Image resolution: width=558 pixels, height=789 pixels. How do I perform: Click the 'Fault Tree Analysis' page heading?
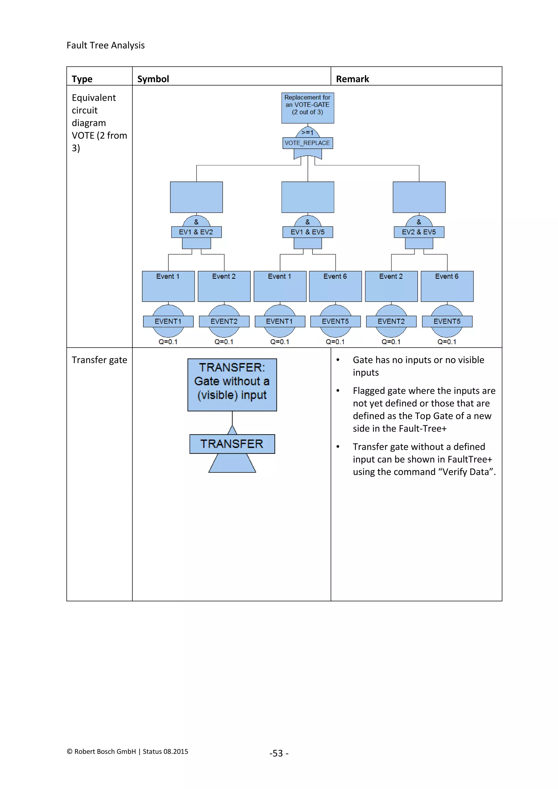105,45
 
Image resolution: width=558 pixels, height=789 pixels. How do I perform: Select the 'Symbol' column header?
153,79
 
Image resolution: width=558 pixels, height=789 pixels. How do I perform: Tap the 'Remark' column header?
352,79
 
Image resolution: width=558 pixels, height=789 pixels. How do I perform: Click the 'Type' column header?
82,79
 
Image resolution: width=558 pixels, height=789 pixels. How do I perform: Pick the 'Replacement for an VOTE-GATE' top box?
308,108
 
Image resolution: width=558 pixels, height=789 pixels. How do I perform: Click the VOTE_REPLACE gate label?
308,143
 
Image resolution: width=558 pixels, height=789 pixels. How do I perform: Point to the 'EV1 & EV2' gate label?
196,232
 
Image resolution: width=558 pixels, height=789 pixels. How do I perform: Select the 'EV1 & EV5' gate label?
308,232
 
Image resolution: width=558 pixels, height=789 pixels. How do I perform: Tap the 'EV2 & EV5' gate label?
419,232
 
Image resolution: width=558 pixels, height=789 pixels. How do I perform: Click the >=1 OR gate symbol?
308,133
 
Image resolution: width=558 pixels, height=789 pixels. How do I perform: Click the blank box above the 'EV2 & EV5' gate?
419,197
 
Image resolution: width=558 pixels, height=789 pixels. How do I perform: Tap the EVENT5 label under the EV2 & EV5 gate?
447,321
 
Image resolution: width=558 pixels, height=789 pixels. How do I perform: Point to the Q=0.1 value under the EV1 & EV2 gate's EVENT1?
168,342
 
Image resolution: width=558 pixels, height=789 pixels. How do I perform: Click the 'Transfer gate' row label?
99,360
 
